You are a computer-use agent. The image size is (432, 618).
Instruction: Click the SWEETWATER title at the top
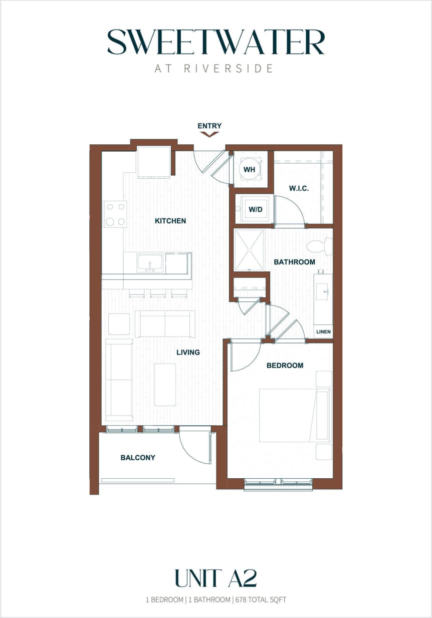[x=216, y=42]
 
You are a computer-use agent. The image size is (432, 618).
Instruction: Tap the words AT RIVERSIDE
[x=214, y=69]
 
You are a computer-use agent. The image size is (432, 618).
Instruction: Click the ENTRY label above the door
[x=209, y=126]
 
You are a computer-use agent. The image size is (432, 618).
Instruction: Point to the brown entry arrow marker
[x=209, y=134]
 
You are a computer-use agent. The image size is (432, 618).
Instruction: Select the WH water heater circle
[x=250, y=169]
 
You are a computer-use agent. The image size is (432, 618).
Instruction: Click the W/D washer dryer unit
[x=255, y=209]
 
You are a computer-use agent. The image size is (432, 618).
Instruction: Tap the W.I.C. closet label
[x=298, y=189]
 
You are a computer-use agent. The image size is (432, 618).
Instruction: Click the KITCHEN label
[x=170, y=220]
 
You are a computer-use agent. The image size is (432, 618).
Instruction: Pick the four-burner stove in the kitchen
[x=115, y=214]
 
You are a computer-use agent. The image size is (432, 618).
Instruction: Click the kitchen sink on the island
[x=150, y=263]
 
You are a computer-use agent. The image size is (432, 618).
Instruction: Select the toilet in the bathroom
[x=320, y=246]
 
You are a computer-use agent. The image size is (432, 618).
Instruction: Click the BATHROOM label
[x=294, y=262]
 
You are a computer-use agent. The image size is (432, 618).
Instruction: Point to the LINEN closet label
[x=323, y=332]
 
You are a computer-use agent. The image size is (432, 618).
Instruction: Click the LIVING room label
[x=188, y=352]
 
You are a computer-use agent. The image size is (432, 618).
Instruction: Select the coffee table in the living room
[x=165, y=384]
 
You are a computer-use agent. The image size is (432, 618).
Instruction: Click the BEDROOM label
[x=285, y=365]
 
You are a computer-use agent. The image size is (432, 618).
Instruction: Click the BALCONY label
[x=138, y=457]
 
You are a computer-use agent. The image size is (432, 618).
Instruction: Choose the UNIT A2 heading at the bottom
[x=215, y=578]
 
